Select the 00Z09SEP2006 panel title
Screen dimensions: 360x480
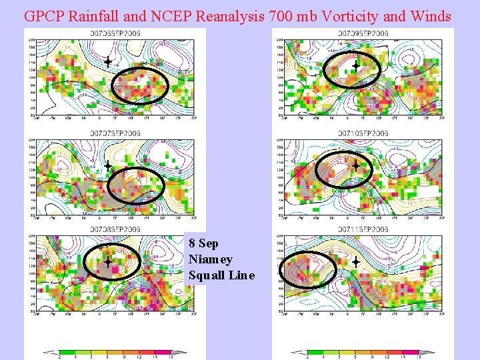click(x=361, y=33)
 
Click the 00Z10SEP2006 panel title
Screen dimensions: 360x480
click(x=361, y=133)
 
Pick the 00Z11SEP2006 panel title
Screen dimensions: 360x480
click(x=361, y=229)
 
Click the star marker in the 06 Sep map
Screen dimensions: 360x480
click(x=107, y=62)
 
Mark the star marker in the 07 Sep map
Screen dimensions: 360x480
click(x=107, y=165)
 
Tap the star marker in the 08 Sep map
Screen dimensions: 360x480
click(x=107, y=263)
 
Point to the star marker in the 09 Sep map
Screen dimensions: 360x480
click(x=356, y=65)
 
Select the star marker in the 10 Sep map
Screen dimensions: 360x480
click(x=355, y=165)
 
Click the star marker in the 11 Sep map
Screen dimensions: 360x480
click(x=355, y=263)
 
